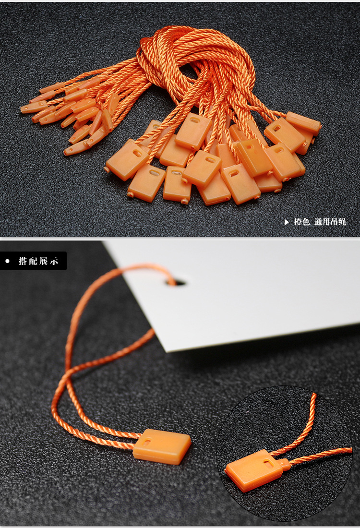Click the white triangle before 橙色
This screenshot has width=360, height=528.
coord(287,222)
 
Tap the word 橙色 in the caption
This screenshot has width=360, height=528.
coord(301,222)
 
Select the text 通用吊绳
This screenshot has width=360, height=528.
coord(330,222)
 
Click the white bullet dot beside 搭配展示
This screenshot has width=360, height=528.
coord(7,261)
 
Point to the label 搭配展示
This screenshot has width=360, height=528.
coord(38,261)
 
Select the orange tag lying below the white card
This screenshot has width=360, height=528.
coord(162,446)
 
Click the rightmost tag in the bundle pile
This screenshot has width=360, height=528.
coord(303,123)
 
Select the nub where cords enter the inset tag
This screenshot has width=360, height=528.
coord(284,464)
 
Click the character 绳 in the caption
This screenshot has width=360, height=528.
coord(342,222)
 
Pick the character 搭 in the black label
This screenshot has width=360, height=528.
coord(23,261)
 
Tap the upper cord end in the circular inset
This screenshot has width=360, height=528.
coord(314,396)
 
